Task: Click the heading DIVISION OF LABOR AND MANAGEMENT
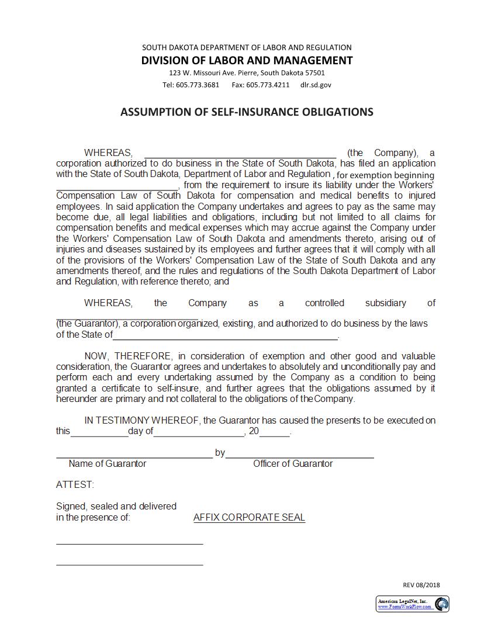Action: click(x=247, y=60)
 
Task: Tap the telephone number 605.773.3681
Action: click(x=199, y=85)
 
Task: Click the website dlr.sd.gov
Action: click(x=316, y=85)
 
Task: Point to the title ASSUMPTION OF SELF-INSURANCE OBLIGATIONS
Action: click(x=247, y=112)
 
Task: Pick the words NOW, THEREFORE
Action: click(x=128, y=356)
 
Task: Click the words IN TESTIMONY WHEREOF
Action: click(x=143, y=420)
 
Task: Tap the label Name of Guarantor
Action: click(x=108, y=463)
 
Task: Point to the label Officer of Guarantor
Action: click(x=293, y=463)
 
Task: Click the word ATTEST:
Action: click(x=75, y=484)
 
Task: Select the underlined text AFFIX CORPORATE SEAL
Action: click(x=249, y=517)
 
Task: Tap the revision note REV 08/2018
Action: click(x=421, y=585)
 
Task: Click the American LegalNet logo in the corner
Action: click(x=412, y=604)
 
